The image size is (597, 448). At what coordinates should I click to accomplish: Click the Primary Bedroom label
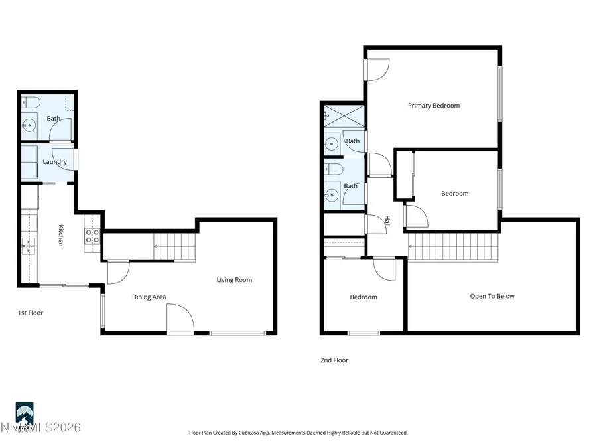point(433,106)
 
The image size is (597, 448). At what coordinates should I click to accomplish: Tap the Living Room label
point(234,280)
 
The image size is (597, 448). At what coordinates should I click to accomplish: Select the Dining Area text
point(149,297)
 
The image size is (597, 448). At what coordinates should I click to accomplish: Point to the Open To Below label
point(492,296)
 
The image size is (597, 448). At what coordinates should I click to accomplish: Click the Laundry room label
point(54,162)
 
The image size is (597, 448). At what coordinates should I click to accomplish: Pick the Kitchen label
point(60,236)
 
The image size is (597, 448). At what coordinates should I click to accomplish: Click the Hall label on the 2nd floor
point(387,223)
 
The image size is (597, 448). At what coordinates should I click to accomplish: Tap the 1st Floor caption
point(30,313)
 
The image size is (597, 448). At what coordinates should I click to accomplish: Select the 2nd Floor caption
point(334,360)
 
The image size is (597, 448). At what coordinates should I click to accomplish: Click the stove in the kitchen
point(92,236)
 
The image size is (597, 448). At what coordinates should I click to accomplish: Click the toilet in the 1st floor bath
point(31,102)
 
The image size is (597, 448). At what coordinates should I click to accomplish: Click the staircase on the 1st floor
point(175,246)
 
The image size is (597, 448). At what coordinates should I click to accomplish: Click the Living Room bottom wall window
point(238,332)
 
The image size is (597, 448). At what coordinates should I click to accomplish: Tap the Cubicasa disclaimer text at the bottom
point(298,433)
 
